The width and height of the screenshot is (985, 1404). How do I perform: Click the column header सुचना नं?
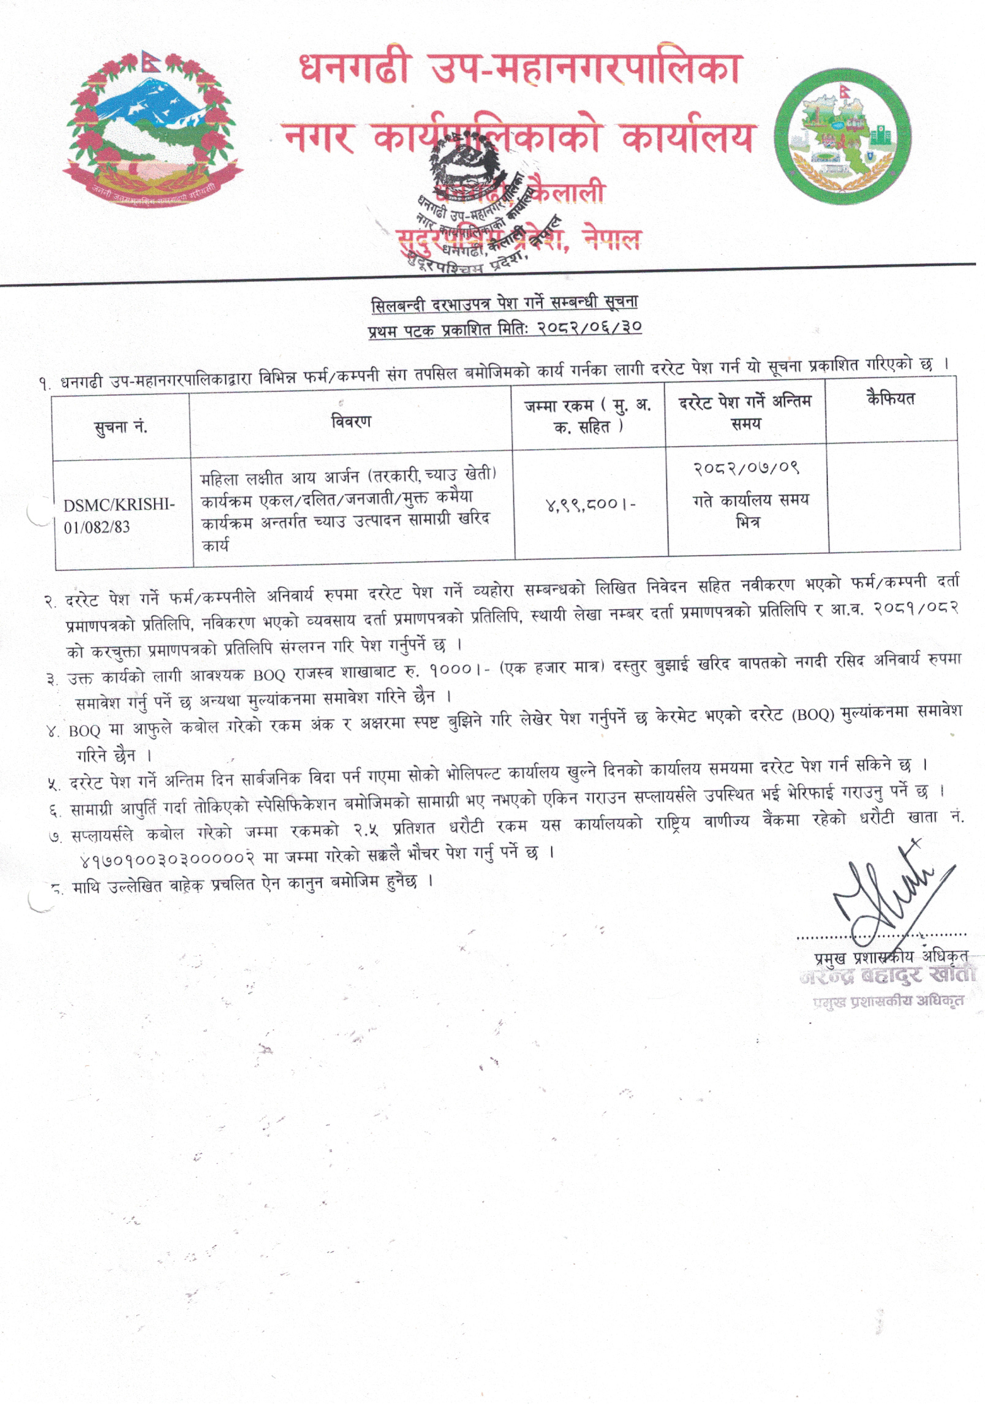click(x=120, y=427)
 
